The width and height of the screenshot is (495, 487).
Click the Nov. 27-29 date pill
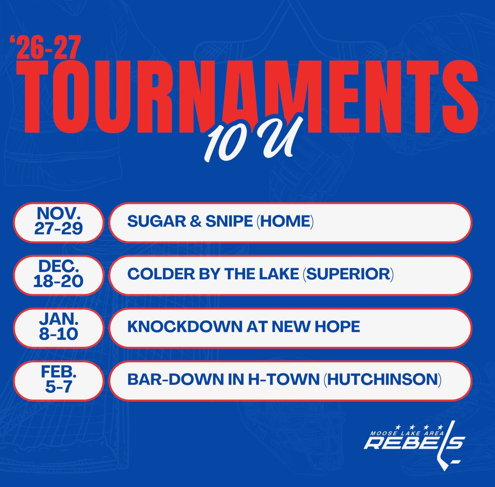[59, 222]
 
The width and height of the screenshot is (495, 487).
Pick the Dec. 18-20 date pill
[59, 275]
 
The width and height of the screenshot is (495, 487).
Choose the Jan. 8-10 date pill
[59, 328]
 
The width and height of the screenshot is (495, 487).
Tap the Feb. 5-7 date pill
[59, 381]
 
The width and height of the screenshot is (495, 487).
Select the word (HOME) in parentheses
[285, 221]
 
